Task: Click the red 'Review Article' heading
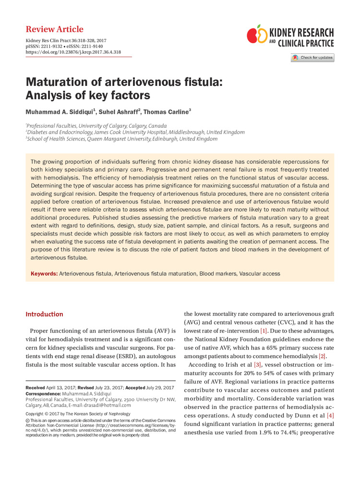(54, 29)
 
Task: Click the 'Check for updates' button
(312, 58)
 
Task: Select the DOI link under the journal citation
(73, 52)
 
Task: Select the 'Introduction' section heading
(44, 314)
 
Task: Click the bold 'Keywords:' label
(44, 274)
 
